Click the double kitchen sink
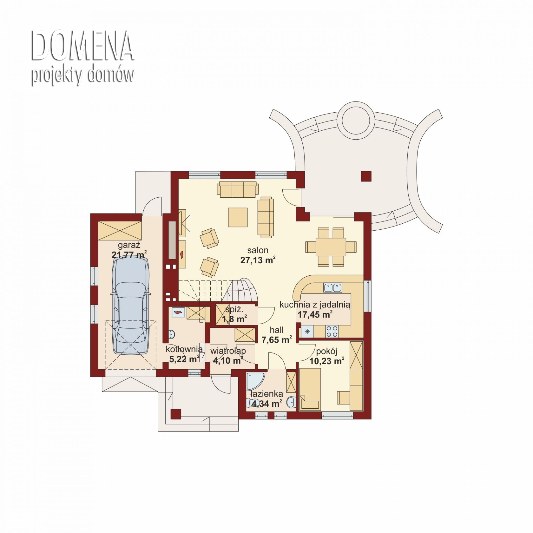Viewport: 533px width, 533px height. (332, 288)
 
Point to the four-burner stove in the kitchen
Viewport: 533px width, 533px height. (332, 332)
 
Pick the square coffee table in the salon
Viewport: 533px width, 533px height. (238, 217)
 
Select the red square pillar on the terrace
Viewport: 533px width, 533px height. (366, 176)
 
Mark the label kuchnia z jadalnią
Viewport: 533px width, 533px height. (315, 305)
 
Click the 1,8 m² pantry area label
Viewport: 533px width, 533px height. (235, 319)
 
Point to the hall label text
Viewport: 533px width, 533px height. (276, 330)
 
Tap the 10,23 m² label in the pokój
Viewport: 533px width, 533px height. (326, 361)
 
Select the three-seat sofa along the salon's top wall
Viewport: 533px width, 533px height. (237, 189)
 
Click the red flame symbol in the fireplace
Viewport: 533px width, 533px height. (182, 254)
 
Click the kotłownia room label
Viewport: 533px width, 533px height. (184, 349)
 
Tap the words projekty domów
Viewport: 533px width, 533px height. (82, 75)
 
